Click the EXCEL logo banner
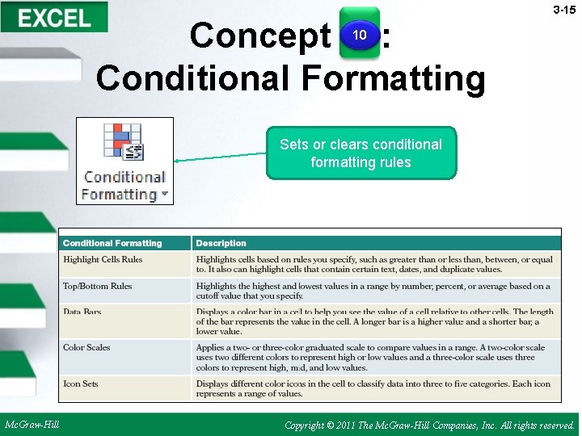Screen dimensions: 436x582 54,17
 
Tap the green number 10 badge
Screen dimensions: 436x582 360,34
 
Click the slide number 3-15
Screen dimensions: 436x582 563,10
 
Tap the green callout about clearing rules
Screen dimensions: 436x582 361,153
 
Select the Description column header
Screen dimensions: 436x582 221,243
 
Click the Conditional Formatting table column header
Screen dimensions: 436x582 112,243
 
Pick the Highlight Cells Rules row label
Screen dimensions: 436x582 103,259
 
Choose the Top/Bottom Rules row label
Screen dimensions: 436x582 97,286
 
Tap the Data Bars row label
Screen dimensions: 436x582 82,312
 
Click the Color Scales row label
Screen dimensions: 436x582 86,347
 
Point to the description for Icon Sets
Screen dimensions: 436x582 373,388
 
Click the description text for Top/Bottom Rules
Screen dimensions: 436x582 373,291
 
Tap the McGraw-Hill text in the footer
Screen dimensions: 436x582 32,424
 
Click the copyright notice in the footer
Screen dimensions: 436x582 430,425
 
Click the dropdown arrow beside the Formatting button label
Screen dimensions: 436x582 165,194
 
